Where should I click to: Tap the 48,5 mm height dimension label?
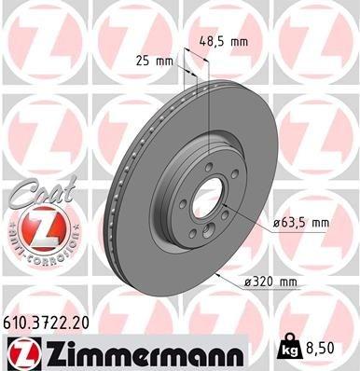pos(224,41)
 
